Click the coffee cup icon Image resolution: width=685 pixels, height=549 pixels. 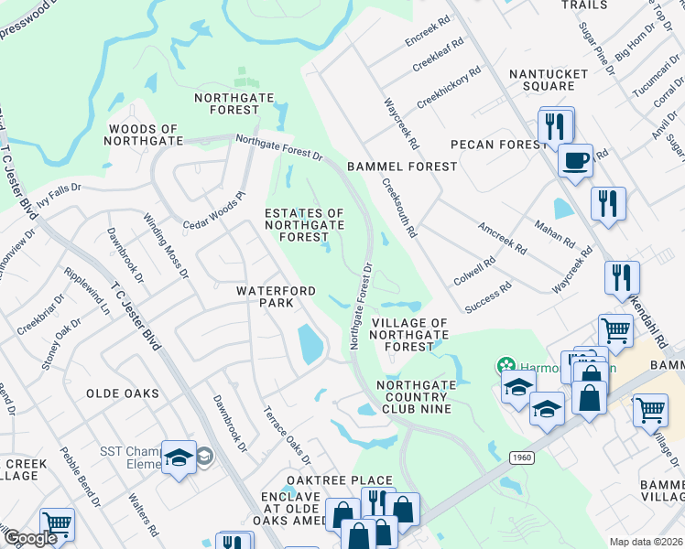(574, 160)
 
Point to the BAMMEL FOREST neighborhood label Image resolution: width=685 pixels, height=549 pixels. (401, 167)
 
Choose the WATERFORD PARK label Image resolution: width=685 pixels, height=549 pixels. (277, 296)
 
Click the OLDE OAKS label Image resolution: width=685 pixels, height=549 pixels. (123, 393)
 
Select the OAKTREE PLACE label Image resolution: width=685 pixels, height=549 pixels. (339, 480)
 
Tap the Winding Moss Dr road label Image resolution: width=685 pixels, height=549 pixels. (165, 246)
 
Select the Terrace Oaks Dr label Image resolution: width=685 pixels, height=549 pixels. (288, 435)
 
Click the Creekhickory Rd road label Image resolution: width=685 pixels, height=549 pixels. (448, 86)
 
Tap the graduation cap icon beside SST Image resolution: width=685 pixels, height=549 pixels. (179, 457)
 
